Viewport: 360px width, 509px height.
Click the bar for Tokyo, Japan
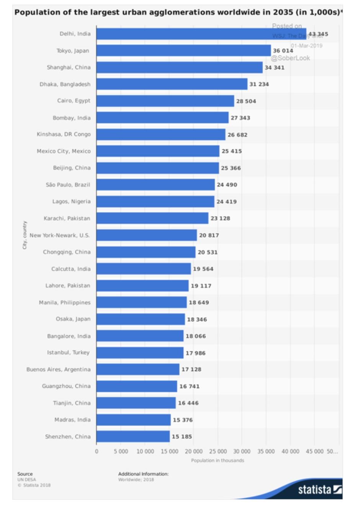(183, 51)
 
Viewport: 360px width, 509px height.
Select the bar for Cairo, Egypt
(165, 101)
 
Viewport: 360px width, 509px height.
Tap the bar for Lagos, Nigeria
(155, 202)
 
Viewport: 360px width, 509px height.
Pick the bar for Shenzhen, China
(133, 437)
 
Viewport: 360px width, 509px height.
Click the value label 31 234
(259, 84)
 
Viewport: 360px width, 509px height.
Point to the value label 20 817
(209, 235)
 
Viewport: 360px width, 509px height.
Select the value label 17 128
(191, 369)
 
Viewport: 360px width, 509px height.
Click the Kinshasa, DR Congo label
(64, 134)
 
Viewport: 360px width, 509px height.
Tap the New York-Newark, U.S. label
(60, 235)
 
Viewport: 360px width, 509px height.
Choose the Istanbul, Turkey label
(68, 352)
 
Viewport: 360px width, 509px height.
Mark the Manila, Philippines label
(65, 302)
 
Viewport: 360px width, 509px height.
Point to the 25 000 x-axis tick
(218, 452)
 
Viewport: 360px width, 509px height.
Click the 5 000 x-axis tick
(121, 452)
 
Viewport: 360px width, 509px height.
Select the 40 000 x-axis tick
(290, 452)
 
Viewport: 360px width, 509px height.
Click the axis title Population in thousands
(218, 460)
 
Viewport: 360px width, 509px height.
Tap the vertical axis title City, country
(25, 235)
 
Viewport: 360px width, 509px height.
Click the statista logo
(320, 489)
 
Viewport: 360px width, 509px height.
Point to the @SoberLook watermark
(290, 58)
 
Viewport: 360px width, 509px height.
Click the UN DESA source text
(26, 480)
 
